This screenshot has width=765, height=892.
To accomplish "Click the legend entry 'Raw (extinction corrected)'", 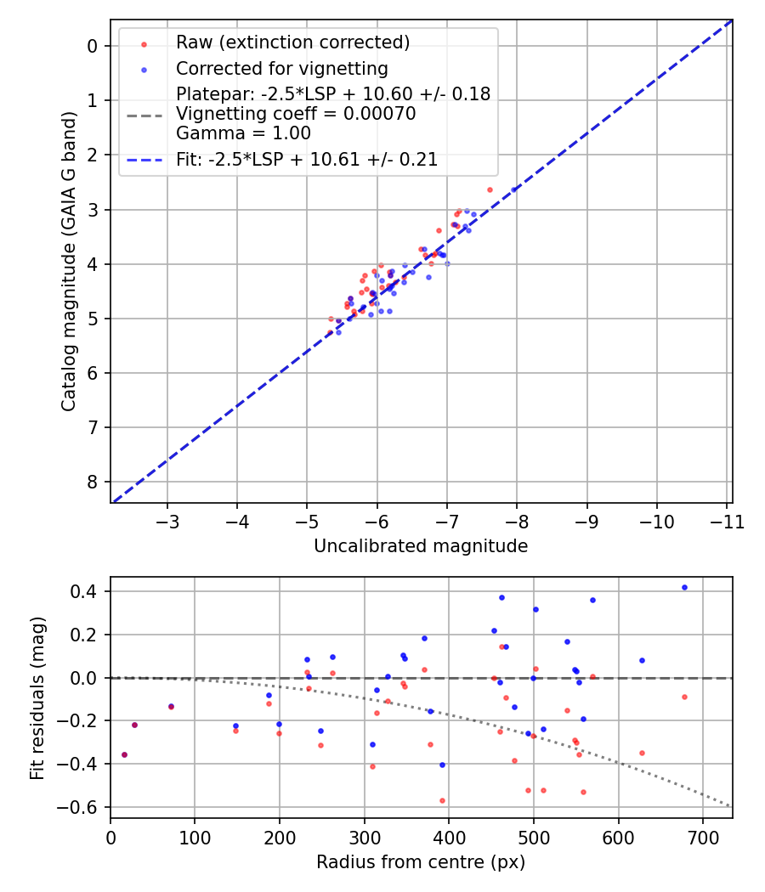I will pyautogui.click(x=292, y=42).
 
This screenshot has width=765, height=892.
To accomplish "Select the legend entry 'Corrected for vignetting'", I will pyautogui.click(x=281, y=68).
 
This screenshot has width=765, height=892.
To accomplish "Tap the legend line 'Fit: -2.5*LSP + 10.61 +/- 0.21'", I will pyautogui.click(x=307, y=160).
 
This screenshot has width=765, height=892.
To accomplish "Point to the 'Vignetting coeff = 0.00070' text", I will pyautogui.click(x=296, y=114).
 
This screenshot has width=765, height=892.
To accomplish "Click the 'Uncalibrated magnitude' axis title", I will pyautogui.click(x=421, y=546).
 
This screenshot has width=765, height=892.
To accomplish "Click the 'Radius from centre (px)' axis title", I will pyautogui.click(x=421, y=862).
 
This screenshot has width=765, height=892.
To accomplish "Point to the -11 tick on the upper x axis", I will pyautogui.click(x=726, y=520).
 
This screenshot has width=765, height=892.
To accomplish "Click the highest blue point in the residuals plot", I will pyautogui.click(x=684, y=587).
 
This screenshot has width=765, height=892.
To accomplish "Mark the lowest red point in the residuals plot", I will pyautogui.click(x=442, y=800).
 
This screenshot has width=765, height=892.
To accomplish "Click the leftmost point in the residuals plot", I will pyautogui.click(x=124, y=754).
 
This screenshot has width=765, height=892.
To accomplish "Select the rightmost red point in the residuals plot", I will pyautogui.click(x=684, y=697).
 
